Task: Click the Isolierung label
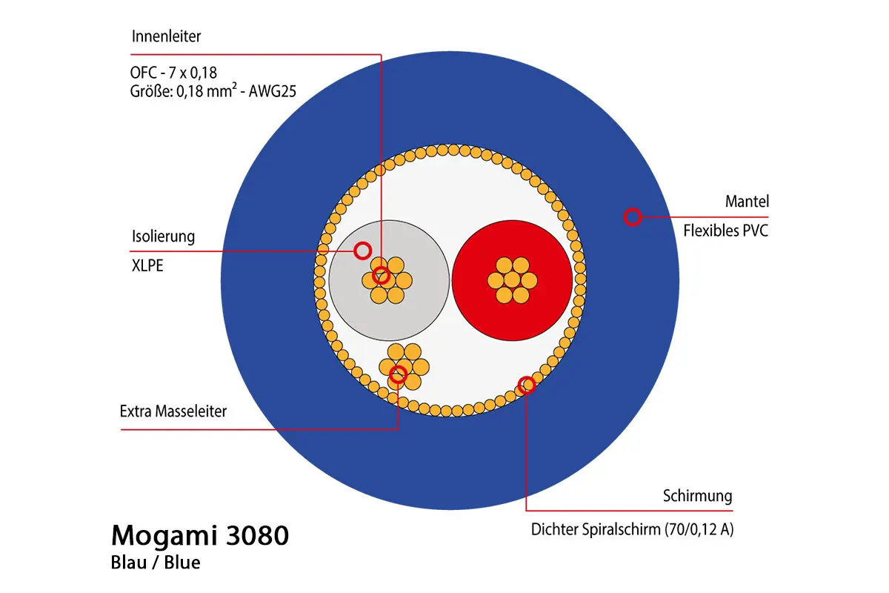(162, 236)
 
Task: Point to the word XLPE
(146, 265)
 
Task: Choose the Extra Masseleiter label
(173, 411)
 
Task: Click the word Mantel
(747, 201)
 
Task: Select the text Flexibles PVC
(725, 230)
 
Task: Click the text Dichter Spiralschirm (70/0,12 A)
(632, 530)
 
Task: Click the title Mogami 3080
(199, 535)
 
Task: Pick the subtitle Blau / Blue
(156, 563)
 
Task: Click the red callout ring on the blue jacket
(632, 216)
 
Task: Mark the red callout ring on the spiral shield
(526, 384)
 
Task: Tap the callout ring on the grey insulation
(362, 251)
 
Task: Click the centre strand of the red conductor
(511, 279)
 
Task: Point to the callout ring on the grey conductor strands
(382, 276)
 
